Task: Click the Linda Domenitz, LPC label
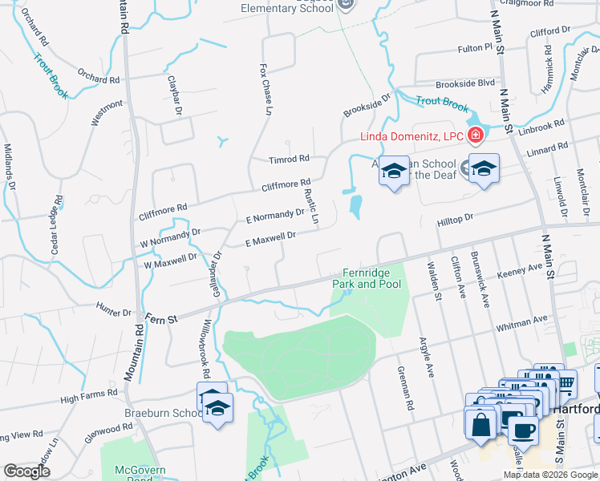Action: [x=409, y=136]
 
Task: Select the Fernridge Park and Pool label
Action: [x=367, y=278]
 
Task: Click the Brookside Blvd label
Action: [x=465, y=83]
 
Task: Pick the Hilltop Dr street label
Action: [x=456, y=218]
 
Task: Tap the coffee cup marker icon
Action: [x=523, y=430]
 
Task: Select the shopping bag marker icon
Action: [x=481, y=425]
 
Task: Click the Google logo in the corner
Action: [x=26, y=471]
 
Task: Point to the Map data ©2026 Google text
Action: [x=549, y=475]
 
